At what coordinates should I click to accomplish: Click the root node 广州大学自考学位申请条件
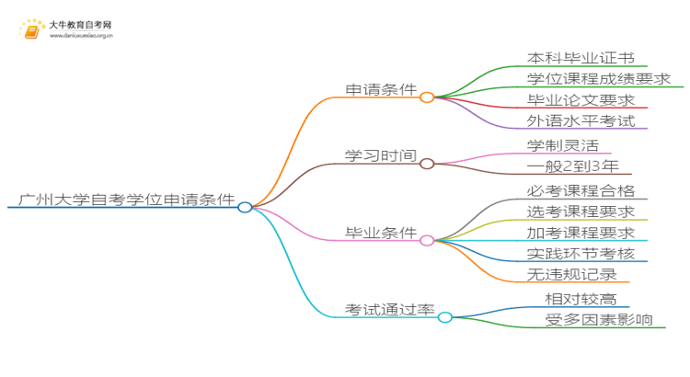tap(125, 199)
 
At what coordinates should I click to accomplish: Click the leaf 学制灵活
tap(562, 145)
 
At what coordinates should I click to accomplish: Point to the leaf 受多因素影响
tap(599, 320)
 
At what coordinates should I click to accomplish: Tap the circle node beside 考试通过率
tap(444, 317)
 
